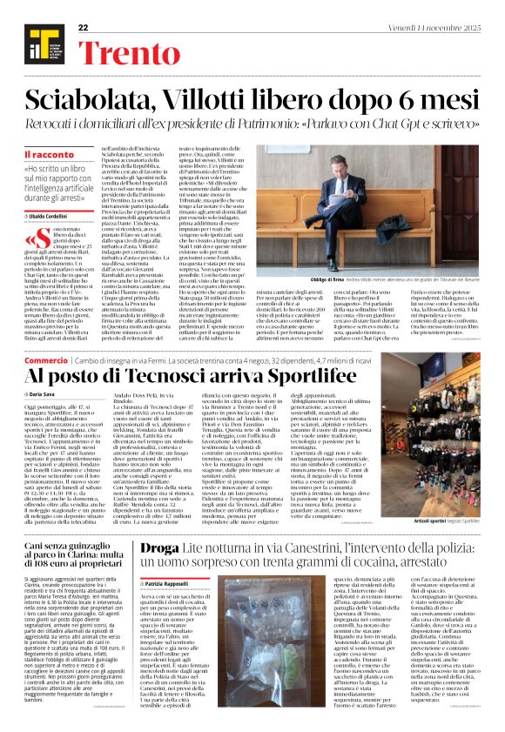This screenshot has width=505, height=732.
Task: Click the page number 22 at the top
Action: point(83,28)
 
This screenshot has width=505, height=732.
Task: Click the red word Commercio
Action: point(46,359)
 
